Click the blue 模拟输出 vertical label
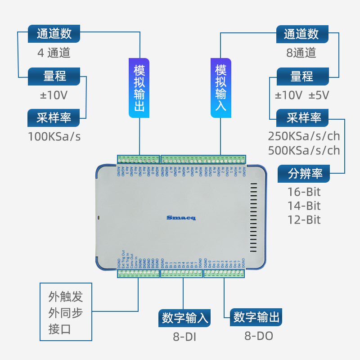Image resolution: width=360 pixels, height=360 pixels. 139,88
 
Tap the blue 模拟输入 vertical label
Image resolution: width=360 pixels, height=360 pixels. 220,88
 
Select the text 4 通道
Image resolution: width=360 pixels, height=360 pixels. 54,53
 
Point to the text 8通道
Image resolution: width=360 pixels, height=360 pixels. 301,53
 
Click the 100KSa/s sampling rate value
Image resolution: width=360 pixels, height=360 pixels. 54,136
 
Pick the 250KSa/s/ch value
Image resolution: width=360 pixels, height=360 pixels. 304,136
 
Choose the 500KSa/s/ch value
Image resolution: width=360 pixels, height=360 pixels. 304,150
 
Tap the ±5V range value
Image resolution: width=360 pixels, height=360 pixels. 319,95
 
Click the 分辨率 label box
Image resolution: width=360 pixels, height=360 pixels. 302,173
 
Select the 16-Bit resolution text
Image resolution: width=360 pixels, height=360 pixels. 304,192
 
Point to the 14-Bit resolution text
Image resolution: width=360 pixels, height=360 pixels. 304,206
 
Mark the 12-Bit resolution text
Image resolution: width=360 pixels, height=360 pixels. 304,220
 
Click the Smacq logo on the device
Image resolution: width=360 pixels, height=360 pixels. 178,218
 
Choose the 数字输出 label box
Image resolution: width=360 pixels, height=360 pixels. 256,318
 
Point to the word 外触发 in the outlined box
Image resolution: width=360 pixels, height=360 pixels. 66,297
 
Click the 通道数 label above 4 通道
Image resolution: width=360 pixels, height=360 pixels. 54,34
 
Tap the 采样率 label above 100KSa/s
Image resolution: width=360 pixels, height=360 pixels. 54,118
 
